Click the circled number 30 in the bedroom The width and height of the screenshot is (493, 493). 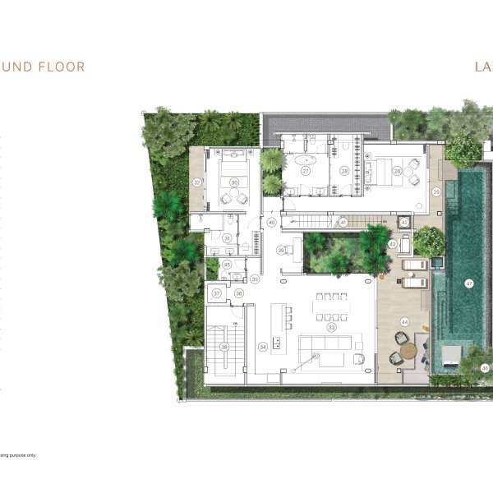[234, 182]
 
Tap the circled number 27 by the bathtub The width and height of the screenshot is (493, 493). [305, 171]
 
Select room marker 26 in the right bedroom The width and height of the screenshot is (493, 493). [397, 171]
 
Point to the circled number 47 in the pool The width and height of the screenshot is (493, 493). [469, 283]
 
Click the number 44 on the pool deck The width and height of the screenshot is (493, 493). [403, 321]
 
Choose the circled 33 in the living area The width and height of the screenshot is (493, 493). [332, 326]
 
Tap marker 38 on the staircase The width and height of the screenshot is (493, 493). [224, 348]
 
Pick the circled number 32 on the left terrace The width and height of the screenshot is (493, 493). [196, 182]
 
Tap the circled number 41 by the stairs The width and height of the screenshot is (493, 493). [343, 223]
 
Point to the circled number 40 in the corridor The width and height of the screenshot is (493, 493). [271, 223]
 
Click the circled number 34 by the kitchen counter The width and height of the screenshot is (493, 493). [263, 347]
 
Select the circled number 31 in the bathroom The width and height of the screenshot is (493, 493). [228, 238]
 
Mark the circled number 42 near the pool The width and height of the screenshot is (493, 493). [404, 223]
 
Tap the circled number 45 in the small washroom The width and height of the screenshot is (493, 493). [227, 265]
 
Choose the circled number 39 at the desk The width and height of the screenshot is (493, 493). [280, 251]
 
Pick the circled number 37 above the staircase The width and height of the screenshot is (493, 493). [217, 293]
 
